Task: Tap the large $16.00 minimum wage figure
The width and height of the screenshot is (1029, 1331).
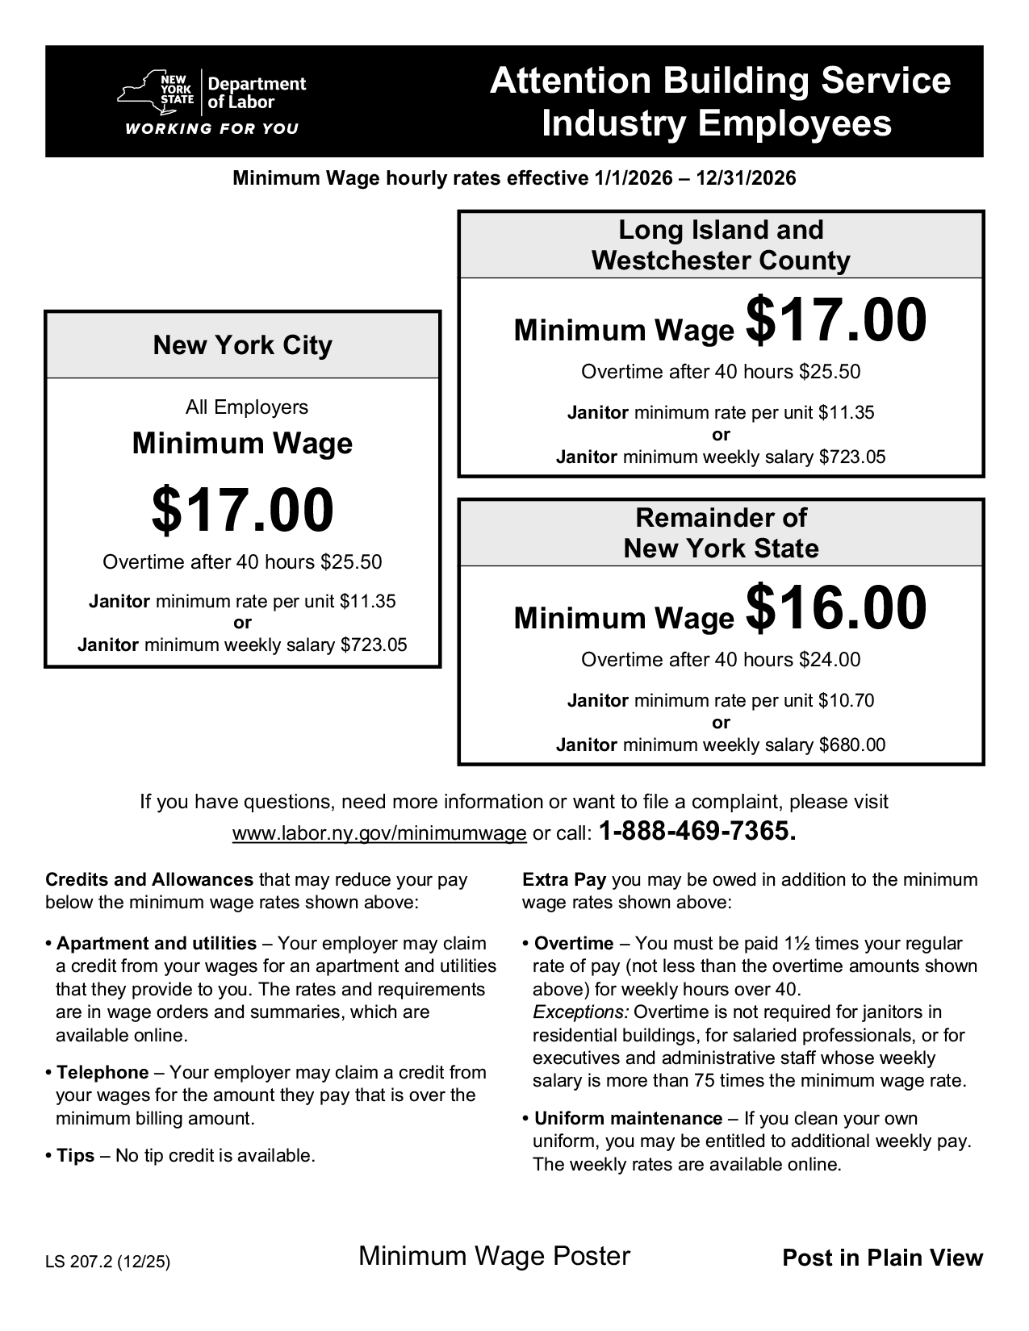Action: pos(836,610)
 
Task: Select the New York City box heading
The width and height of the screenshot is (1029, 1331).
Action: pos(243,345)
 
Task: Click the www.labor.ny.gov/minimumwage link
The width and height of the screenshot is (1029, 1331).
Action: pos(379,833)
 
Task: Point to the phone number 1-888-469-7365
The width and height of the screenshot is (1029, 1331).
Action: pos(698,832)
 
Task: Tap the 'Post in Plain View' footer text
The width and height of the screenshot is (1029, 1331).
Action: pos(883,1258)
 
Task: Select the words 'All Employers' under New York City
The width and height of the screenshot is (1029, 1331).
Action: pos(247,407)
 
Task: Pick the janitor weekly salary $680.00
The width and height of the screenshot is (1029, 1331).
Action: pos(852,745)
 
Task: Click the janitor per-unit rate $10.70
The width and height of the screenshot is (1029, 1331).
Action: pos(846,700)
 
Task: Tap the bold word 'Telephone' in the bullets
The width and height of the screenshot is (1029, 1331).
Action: pos(102,1072)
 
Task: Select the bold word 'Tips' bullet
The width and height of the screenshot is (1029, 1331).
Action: pos(76,1156)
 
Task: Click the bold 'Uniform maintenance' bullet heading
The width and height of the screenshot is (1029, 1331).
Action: pos(628,1118)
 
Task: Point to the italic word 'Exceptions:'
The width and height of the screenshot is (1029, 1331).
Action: pos(580,1012)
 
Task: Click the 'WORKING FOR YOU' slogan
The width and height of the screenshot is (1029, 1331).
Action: pos(211,129)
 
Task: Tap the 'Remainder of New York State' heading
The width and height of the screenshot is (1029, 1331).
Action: pos(721,532)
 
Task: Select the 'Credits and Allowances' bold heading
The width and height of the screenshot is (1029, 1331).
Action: pos(149,879)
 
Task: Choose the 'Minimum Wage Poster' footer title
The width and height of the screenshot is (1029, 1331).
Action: pos(494,1256)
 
